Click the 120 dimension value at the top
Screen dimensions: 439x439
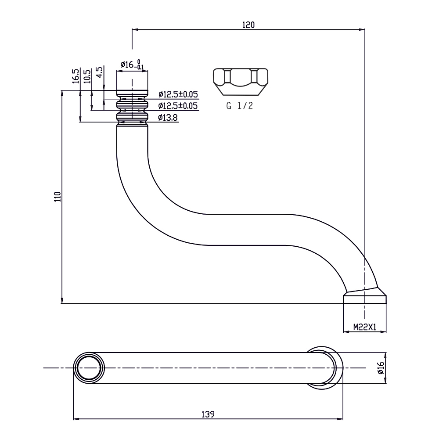[248, 25]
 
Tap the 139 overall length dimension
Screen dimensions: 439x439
[208, 414]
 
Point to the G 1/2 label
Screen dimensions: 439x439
[240, 106]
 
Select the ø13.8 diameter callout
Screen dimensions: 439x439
[169, 117]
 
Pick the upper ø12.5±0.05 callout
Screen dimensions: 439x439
[178, 94]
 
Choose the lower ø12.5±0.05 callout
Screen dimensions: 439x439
[178, 106]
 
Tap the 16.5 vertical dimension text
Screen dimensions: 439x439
[76, 76]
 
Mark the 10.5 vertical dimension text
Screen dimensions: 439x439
[87, 76]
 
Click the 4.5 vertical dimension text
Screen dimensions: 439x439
[99, 71]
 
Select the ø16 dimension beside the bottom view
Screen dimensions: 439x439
[381, 368]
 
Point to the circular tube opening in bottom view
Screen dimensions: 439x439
[89, 368]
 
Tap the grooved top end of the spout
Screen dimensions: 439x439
[132, 108]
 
